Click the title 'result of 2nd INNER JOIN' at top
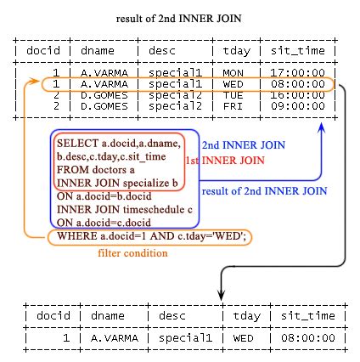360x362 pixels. point(178,19)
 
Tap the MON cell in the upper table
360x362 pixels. point(233,73)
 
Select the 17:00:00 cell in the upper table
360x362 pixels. point(297,73)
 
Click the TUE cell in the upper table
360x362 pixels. point(233,95)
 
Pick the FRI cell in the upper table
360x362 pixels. point(233,106)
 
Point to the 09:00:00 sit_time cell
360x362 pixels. point(297,106)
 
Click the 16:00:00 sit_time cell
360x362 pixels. point(297,95)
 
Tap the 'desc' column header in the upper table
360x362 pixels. point(162,51)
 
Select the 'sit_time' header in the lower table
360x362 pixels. point(307,315)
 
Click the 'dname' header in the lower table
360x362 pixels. point(108,315)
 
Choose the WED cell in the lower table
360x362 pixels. point(243,338)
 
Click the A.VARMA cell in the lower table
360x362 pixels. point(115,338)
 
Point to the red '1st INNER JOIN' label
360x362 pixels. point(225,161)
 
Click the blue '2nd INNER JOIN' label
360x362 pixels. point(244,145)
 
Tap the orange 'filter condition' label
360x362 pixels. point(132,253)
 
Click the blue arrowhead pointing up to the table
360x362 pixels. point(321,127)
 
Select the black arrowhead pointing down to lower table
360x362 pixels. point(221,295)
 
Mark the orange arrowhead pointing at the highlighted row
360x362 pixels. point(35,82)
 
